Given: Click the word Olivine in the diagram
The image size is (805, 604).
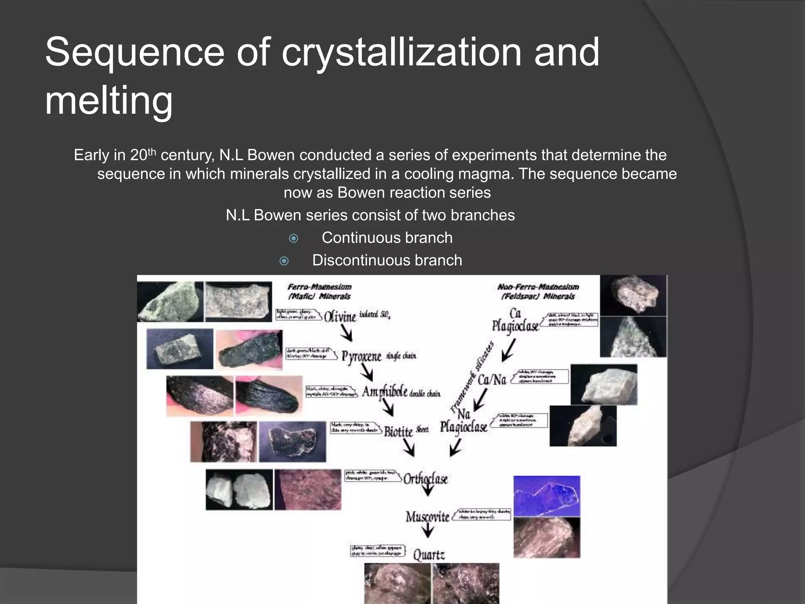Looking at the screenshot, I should coord(340,316).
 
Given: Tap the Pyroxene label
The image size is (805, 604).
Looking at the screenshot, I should coord(361,356).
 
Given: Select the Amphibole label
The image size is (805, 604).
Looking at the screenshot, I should coord(384,392).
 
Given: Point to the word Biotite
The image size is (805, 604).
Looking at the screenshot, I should coord(398,431).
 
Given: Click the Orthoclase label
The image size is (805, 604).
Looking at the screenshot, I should coord(426,479).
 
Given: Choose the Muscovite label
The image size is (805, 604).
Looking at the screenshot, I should coord(427,516).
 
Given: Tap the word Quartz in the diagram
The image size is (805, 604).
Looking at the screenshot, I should coord(429,555).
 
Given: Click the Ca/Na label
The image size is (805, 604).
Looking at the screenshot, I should coord(492,379).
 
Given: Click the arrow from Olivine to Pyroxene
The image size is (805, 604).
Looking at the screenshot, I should coord(347,334).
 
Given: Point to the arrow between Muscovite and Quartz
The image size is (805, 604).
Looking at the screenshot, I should coord(428,532).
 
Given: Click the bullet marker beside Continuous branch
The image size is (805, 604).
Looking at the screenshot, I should coord(294,238).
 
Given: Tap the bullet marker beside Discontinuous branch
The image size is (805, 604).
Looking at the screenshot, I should coord(284,261).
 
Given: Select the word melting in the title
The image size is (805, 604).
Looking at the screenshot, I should coord(109,101).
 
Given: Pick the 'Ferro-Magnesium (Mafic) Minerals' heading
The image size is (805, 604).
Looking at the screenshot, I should coord(319,291).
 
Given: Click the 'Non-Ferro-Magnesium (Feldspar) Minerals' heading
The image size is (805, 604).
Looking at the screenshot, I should coord(538,291).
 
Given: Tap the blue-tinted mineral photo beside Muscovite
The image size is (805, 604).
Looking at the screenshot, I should coord(546,496).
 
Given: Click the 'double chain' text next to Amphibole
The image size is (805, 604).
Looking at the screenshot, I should coord(425,394).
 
